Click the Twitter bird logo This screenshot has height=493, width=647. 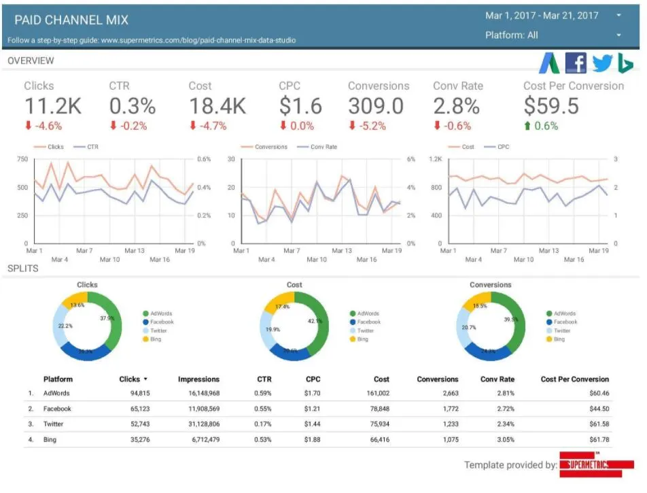tap(601, 63)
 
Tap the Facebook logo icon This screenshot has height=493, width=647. tap(576, 63)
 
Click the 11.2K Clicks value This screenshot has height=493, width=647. tap(52, 106)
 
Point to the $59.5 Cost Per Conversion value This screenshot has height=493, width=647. tap(551, 106)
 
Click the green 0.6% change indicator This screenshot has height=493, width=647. tap(541, 126)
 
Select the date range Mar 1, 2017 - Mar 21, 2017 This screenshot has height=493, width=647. tap(542, 15)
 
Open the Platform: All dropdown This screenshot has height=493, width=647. tap(553, 35)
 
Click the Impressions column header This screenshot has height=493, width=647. tap(198, 379)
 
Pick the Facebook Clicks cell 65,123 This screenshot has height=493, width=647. tap(134, 409)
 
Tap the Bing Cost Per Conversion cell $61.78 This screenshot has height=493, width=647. tap(595, 440)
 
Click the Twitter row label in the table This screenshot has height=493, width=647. tap(53, 424)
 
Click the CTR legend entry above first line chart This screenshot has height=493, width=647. tap(89, 147)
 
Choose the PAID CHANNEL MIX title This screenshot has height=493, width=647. tap(71, 20)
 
